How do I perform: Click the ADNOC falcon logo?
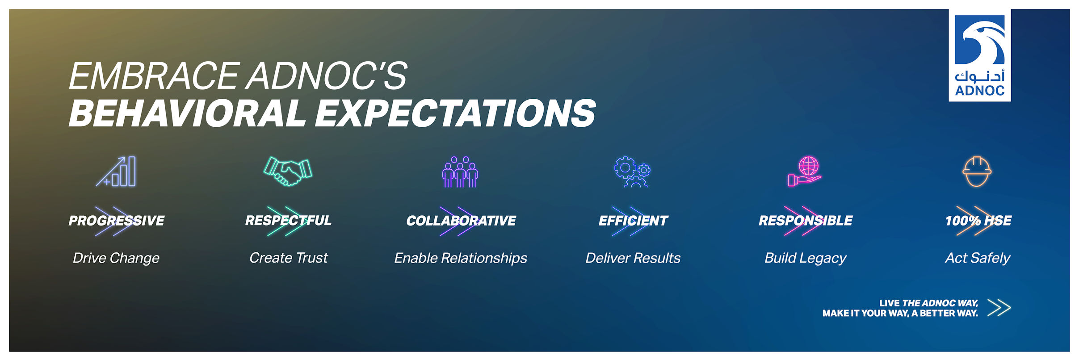[x=980, y=55]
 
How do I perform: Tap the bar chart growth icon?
[x=116, y=172]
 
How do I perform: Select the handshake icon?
[x=288, y=172]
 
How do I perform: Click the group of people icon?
[x=460, y=172]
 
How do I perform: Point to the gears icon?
[x=633, y=172]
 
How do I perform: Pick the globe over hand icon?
[x=805, y=172]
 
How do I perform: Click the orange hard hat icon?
[x=977, y=172]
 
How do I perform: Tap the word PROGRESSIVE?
[x=117, y=221]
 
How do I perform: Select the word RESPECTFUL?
[x=289, y=221]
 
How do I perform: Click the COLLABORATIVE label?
[x=461, y=221]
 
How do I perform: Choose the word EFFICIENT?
[x=633, y=221]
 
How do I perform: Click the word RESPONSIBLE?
[x=806, y=221]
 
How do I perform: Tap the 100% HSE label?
[x=978, y=221]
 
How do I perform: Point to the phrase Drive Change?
[x=116, y=258]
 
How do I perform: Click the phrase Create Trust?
[x=289, y=258]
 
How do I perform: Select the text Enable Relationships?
[x=461, y=258]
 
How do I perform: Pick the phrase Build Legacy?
[x=806, y=258]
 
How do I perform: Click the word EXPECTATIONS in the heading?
[x=456, y=113]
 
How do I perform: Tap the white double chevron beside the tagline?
[x=999, y=308]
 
